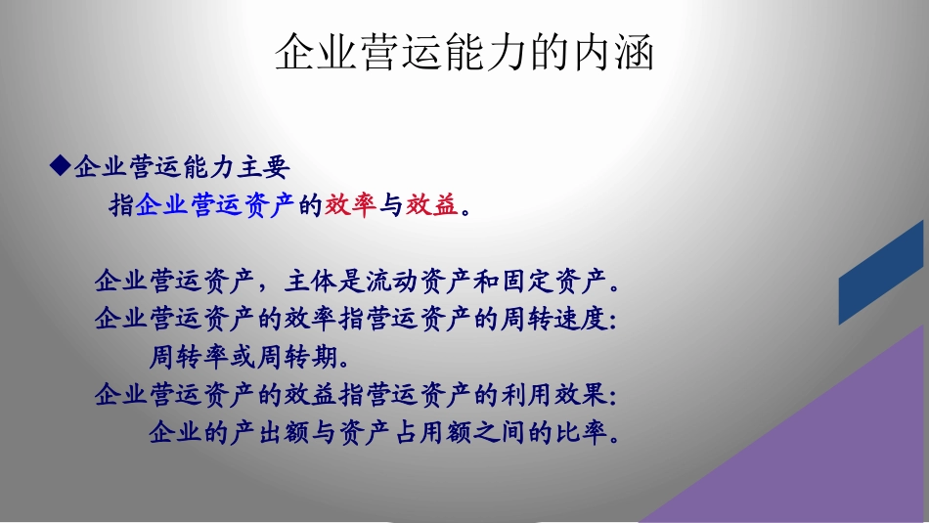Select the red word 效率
(x=351, y=206)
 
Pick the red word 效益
(x=432, y=206)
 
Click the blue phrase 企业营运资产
(x=215, y=206)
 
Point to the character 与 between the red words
(x=391, y=206)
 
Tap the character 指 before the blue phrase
(x=121, y=206)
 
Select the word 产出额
(x=269, y=432)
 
